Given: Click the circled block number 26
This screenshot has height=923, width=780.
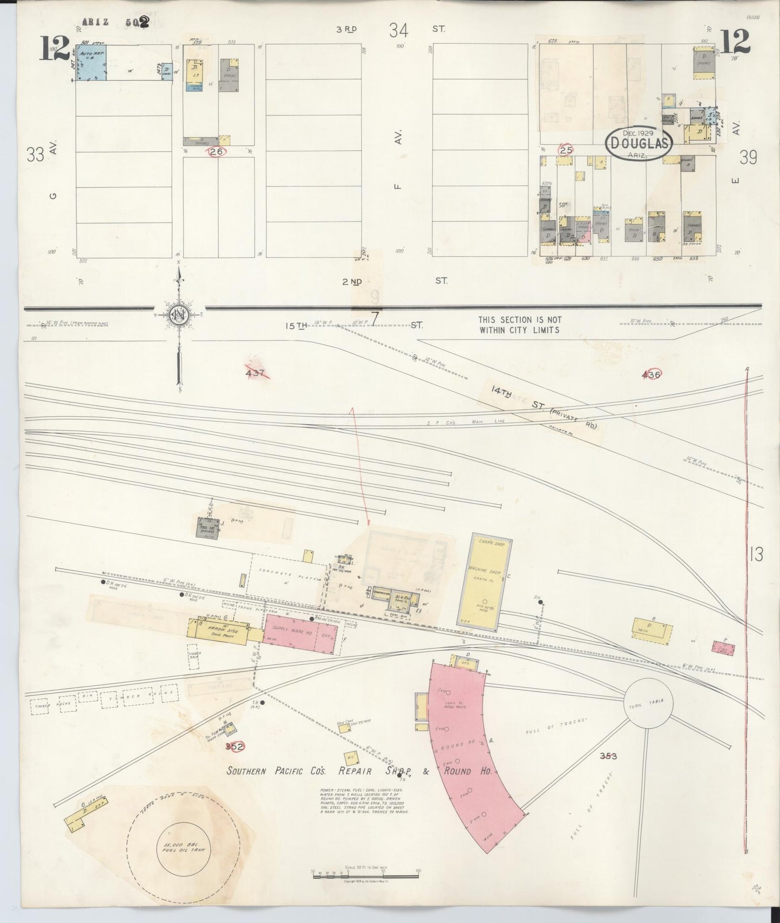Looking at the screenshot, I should (217, 152).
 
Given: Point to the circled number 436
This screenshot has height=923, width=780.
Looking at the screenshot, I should (651, 374).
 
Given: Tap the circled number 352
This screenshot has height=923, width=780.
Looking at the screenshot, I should (235, 746).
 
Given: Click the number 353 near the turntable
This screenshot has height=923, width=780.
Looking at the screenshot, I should (608, 756).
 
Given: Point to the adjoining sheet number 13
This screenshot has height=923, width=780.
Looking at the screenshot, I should (756, 554).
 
